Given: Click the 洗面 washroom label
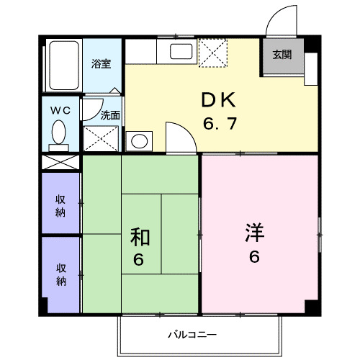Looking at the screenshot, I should click(109, 114).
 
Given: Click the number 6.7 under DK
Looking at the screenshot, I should click(220, 124).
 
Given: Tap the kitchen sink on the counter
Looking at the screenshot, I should click(180, 53).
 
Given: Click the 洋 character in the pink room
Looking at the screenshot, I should click(256, 233).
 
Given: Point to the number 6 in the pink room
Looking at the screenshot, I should click(255, 258).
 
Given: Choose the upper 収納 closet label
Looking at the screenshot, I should click(61, 205).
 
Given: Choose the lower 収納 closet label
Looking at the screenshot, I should click(61, 274).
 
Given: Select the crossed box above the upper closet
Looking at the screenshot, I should click(61, 161).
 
